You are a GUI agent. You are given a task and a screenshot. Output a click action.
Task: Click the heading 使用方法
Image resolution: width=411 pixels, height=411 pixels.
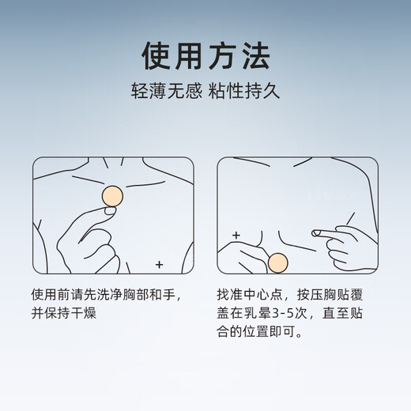tap(205, 55)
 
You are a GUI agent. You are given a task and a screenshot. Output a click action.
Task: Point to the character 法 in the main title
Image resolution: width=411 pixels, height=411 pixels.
tap(254, 55)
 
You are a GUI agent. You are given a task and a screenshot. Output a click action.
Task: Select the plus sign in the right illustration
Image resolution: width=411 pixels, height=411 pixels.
tap(235, 236)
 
